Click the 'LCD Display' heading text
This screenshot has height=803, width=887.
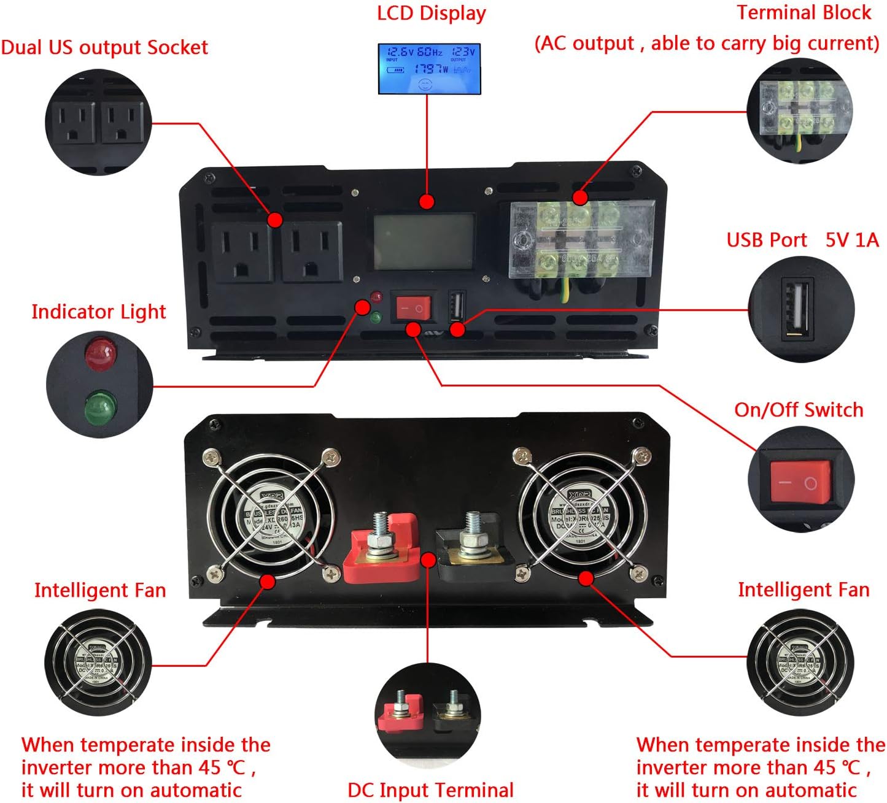click(x=431, y=13)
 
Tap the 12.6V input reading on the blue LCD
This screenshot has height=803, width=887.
click(x=400, y=52)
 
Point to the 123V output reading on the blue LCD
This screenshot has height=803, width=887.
click(x=463, y=52)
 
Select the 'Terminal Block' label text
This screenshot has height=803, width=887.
click(x=804, y=13)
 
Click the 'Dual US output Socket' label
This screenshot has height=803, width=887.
click(x=104, y=48)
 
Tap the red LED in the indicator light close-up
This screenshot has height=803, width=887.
click(x=101, y=354)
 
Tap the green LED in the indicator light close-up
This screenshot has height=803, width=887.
click(x=100, y=407)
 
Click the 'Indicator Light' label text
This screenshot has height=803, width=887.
click(x=98, y=312)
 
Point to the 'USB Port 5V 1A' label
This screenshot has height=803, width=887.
click(x=802, y=240)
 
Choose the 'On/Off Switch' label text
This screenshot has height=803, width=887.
click(x=799, y=410)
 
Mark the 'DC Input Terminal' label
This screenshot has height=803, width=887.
click(x=430, y=790)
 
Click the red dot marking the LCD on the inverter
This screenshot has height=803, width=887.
click(x=427, y=202)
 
